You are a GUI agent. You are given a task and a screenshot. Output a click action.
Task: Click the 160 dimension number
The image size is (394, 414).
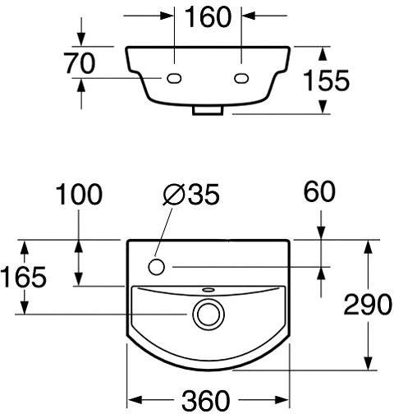208,17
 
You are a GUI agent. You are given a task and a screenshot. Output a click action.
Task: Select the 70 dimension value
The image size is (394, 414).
80,63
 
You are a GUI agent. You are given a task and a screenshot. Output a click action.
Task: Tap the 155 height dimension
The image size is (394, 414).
327,80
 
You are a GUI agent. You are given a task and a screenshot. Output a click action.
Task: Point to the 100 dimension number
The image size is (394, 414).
79,194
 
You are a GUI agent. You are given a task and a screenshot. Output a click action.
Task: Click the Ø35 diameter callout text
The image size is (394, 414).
191,194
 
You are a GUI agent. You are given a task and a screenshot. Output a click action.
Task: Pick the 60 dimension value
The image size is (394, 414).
319,191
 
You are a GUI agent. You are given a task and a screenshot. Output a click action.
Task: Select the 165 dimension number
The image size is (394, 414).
24,277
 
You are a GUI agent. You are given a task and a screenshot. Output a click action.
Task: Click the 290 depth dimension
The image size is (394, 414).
368,304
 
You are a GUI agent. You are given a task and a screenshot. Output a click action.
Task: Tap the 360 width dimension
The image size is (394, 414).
205,400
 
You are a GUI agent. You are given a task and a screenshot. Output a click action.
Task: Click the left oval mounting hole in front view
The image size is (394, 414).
174,79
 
